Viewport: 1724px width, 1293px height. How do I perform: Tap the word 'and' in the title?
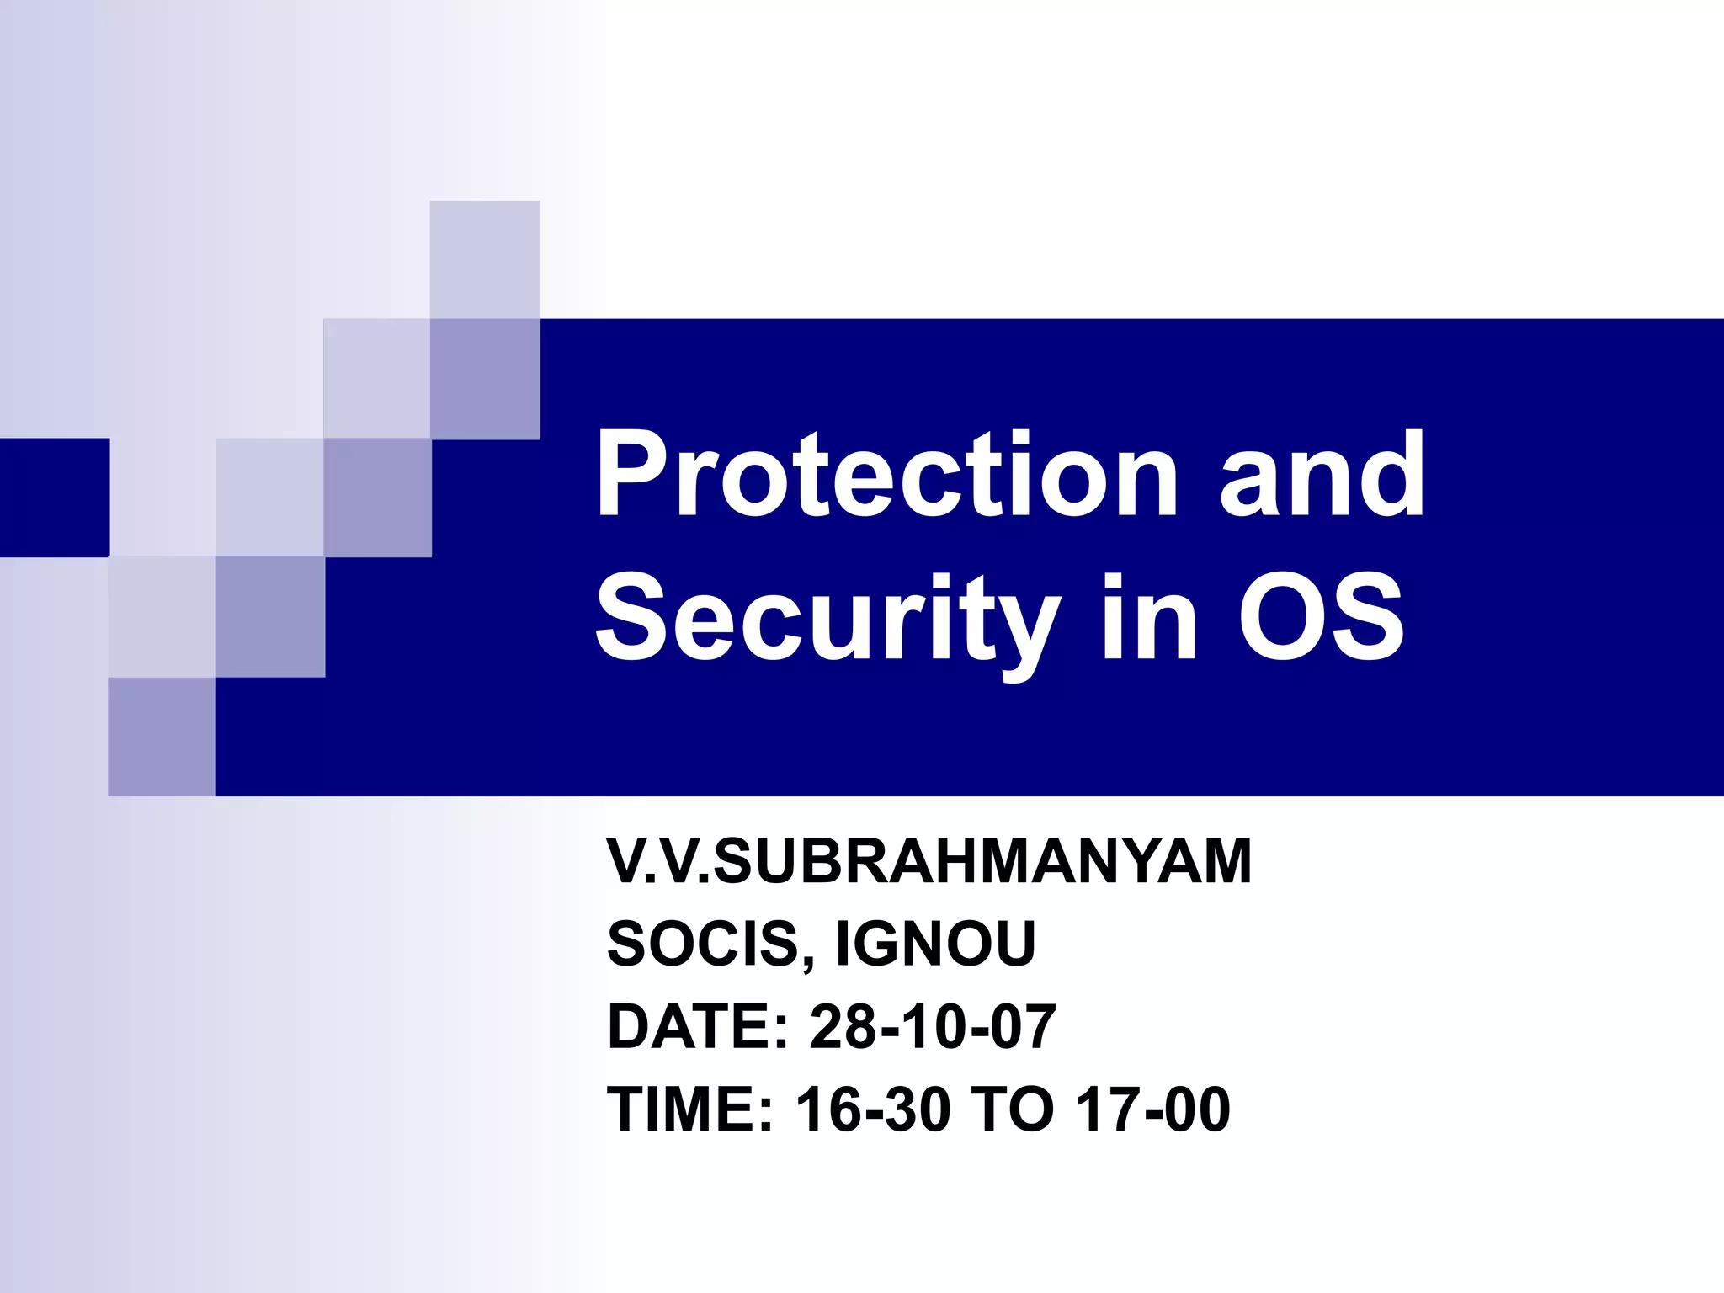(x=1322, y=476)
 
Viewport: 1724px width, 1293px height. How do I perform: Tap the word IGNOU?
(x=934, y=944)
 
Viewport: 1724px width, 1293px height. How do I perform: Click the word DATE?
(x=698, y=1026)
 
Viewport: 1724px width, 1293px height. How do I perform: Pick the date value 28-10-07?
(x=933, y=1026)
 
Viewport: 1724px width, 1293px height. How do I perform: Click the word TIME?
(x=690, y=1109)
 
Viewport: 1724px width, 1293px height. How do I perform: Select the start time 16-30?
(x=874, y=1109)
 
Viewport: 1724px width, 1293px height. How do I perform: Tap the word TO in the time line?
(x=1013, y=1109)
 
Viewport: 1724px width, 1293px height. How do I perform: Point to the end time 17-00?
(x=1153, y=1109)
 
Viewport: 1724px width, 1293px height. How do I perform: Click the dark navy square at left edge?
(x=54, y=498)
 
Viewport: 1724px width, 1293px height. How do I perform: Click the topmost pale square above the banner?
(x=485, y=259)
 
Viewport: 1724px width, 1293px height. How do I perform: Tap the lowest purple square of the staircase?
(x=161, y=737)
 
